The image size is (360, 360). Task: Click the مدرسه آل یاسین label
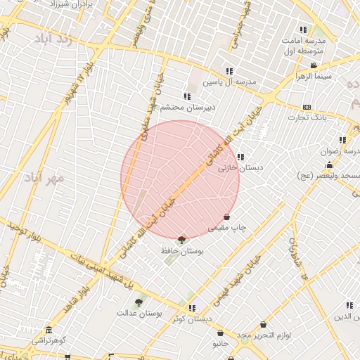pos(229,82)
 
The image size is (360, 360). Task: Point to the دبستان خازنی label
pos(234,168)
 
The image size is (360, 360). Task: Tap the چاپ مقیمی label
pos(226,228)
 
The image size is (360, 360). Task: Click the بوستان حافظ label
pos(183,250)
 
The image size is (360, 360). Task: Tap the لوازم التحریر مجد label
pos(262,335)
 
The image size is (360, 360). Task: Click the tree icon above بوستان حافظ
pos(183,240)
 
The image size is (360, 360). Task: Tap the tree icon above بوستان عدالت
pos(139,302)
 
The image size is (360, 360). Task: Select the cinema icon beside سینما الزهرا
pos(313,66)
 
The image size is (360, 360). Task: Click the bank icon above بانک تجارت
pos(306,107)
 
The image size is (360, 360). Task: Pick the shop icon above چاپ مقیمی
pos(226,217)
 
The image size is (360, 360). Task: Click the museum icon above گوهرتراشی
pos(49,330)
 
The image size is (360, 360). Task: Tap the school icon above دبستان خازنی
pos(240,157)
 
